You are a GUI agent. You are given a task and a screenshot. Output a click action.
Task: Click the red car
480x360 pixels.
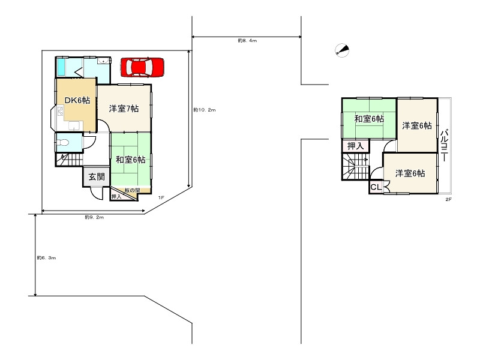pyautogui.click(x=142, y=67)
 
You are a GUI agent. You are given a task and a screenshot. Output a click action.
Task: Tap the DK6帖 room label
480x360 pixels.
pyautogui.click(x=77, y=100)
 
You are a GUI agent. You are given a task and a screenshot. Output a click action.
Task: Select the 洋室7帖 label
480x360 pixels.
pyautogui.click(x=124, y=109)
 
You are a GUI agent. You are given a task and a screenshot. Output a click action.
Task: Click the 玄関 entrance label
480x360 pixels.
pyautogui.click(x=97, y=176)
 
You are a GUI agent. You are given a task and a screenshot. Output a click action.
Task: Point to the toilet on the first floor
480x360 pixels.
pyautogui.click(x=63, y=142)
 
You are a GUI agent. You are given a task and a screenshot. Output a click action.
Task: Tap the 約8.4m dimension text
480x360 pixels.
pyautogui.click(x=247, y=40)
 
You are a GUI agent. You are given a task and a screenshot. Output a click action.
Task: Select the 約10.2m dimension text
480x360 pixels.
pyautogui.click(x=205, y=110)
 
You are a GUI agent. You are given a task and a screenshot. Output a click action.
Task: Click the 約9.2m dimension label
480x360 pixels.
pyautogui.click(x=94, y=217)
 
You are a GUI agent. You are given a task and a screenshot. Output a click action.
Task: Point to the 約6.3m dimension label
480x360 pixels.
pyautogui.click(x=46, y=258)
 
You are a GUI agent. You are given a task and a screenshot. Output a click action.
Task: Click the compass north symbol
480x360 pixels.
pyautogui.click(x=342, y=50)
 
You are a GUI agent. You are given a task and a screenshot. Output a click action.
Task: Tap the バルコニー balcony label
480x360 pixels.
pyautogui.click(x=445, y=145)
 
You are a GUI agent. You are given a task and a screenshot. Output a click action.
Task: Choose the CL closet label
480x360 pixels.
pyautogui.click(x=376, y=187)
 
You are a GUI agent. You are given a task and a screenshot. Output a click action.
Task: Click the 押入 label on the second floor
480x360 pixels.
pyautogui.click(x=355, y=146)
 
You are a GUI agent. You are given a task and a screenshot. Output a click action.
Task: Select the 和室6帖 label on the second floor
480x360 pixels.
pyautogui.click(x=369, y=119)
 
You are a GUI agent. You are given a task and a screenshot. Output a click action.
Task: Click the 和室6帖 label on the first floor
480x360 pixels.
pyautogui.click(x=130, y=160)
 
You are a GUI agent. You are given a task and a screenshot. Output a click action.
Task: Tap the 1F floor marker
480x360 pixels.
pyautogui.click(x=161, y=198)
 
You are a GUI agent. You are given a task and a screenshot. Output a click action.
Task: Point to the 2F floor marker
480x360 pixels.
pyautogui.click(x=448, y=199)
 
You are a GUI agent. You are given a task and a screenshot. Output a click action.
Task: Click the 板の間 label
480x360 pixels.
pyautogui.click(x=132, y=190)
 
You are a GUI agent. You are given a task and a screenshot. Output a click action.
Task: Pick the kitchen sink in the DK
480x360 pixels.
pyautogui.click(x=76, y=126)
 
